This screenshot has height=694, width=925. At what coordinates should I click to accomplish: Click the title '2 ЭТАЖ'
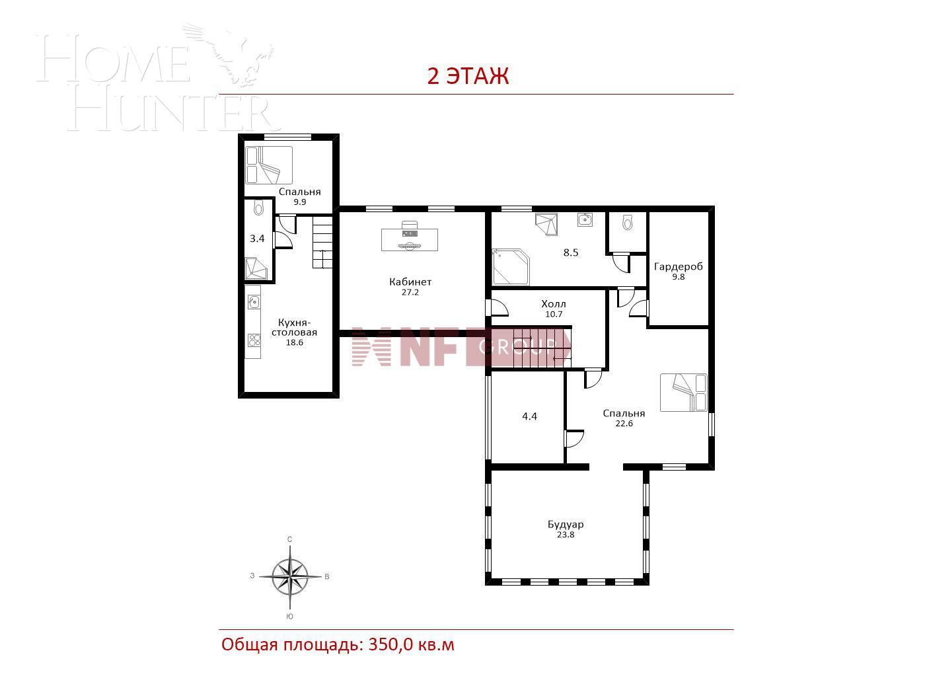tap(468, 76)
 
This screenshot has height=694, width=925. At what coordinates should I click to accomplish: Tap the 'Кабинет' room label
tap(410, 282)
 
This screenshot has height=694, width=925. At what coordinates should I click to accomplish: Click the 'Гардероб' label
tap(678, 267)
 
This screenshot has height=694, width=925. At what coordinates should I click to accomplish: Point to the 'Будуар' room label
tap(565, 525)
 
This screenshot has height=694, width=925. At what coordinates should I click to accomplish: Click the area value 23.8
tap(565, 535)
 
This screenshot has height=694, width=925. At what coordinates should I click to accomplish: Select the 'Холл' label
tap(553, 304)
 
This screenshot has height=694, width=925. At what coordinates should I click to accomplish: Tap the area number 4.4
tap(529, 416)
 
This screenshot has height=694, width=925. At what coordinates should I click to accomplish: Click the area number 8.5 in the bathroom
tap(570, 252)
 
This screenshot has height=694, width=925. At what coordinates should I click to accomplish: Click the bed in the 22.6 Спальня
tap(684, 393)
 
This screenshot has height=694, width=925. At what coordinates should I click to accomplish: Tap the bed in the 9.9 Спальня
tap(269, 165)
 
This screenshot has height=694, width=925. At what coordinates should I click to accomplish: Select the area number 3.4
tap(257, 239)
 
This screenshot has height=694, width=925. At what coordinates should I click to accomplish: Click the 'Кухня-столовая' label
tap(294, 328)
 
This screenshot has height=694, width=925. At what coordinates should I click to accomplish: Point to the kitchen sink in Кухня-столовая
tap(253, 302)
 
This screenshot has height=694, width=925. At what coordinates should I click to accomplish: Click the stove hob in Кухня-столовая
tap(254, 340)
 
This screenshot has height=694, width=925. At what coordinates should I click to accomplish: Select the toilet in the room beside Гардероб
tap(627, 223)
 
